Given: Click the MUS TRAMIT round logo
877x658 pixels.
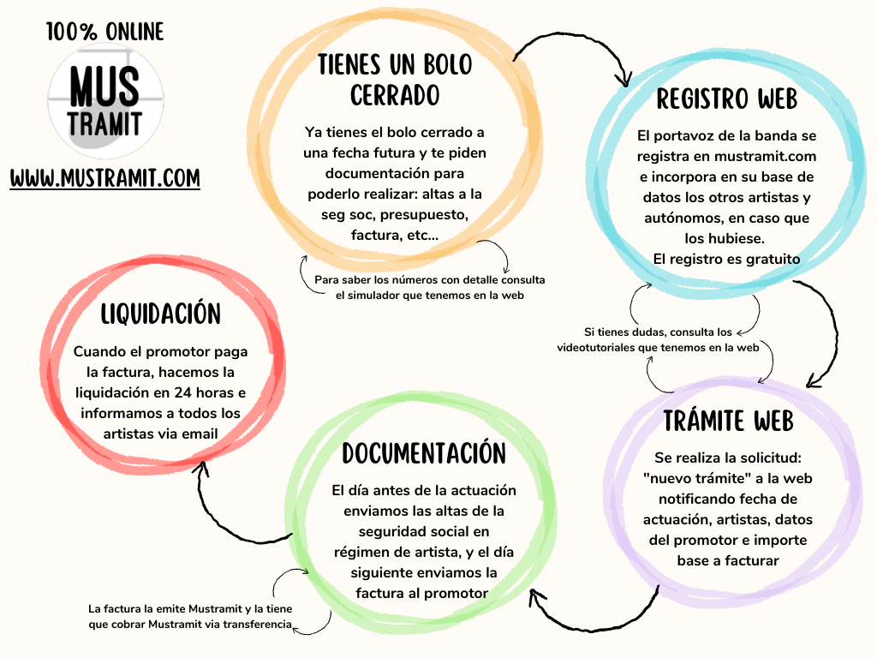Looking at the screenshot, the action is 105,101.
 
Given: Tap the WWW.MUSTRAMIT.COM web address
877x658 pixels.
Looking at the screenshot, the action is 105,178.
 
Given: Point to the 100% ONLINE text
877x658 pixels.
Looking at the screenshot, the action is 104,32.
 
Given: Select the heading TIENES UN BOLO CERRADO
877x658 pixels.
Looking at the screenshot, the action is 395,80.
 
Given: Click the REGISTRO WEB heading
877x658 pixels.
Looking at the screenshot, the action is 726,99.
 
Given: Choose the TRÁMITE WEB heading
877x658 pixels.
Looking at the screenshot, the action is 728,421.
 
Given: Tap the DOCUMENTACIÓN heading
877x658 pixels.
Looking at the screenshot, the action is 424,453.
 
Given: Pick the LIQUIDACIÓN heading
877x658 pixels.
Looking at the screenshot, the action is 160,314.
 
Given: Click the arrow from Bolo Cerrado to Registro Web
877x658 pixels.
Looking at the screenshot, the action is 582,42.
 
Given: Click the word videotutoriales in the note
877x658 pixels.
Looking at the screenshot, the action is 596,348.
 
